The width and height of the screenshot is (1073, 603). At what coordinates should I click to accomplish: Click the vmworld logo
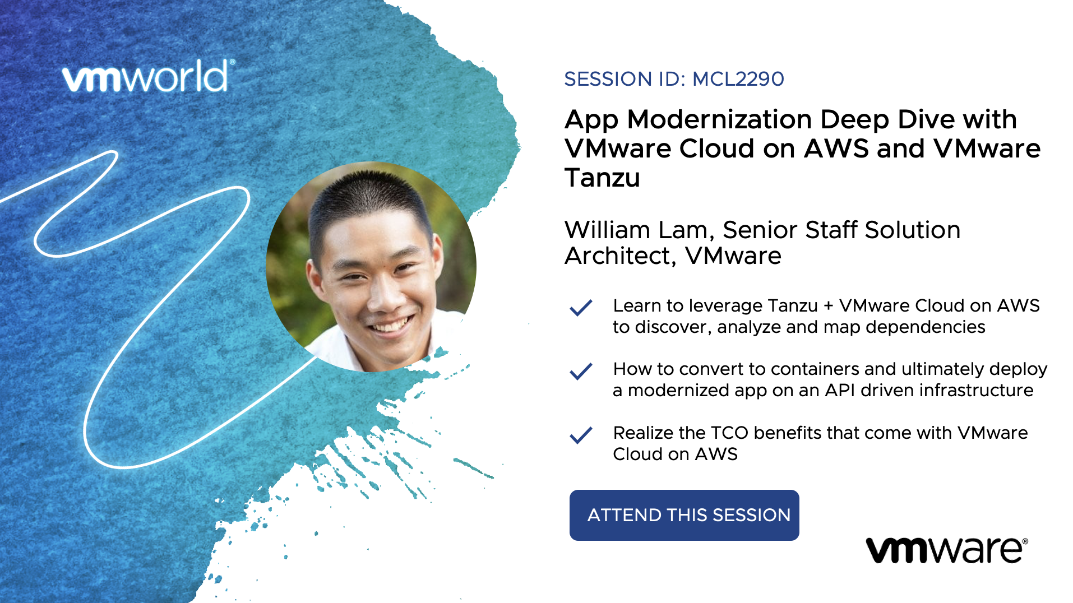(148, 76)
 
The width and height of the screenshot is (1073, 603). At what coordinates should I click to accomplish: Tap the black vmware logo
(947, 550)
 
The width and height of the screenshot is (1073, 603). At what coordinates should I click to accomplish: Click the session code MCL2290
(738, 79)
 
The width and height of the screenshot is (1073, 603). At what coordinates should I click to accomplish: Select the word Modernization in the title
(719, 119)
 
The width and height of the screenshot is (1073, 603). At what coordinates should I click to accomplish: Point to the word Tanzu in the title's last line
(602, 178)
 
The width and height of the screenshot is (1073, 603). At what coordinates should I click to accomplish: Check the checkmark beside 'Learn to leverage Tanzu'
(581, 308)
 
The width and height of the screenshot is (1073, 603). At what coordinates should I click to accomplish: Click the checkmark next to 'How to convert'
(581, 371)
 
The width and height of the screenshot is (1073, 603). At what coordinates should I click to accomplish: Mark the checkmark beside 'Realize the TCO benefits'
(581, 435)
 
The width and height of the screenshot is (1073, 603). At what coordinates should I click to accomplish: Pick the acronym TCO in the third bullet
(729, 433)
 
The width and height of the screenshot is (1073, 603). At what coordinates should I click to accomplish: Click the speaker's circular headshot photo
(371, 267)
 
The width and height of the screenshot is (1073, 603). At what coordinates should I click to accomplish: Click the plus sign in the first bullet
(829, 306)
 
